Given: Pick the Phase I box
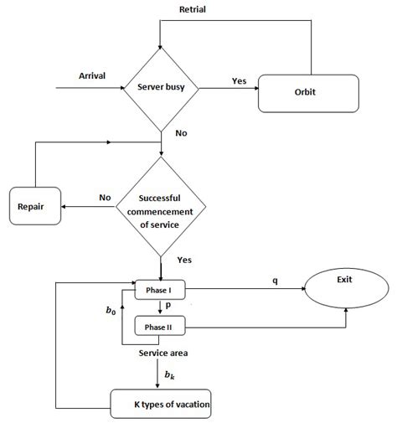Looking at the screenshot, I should pos(158,290).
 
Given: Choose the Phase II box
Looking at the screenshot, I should pos(158,326).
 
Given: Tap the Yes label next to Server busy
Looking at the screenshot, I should pos(239,81).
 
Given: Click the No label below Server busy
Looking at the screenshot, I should pos(180,132).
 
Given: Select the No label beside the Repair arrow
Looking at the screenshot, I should pos(106,198).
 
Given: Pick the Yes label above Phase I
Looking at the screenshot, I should pos(185,260).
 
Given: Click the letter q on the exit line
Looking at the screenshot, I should pos(274,281).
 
